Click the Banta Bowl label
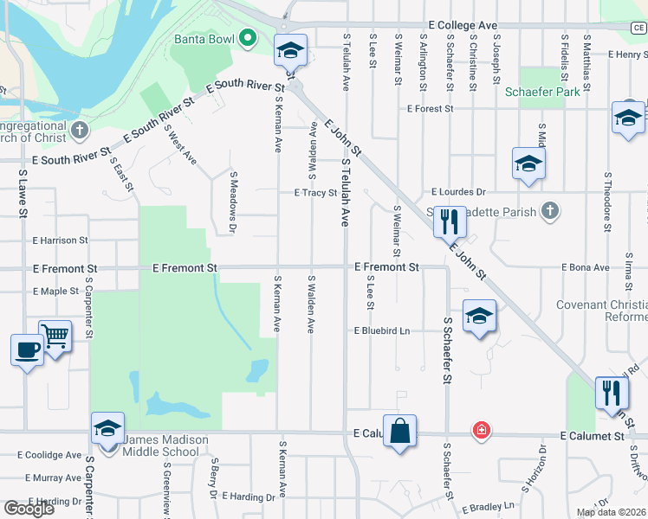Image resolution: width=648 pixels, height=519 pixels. click(x=204, y=39)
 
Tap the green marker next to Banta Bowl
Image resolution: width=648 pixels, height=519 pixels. click(x=247, y=38)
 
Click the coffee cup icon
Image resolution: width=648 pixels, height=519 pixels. click(x=27, y=349)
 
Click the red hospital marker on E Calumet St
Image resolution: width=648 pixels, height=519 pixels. click(x=479, y=430)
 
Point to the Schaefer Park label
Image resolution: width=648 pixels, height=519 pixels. click(x=542, y=91)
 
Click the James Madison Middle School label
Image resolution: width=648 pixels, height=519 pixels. click(x=165, y=445)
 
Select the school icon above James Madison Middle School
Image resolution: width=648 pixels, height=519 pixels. click(x=108, y=427)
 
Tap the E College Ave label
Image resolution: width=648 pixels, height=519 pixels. click(x=463, y=27)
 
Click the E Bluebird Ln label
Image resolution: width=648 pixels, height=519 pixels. click(x=381, y=331)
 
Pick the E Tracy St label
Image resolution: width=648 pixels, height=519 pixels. click(x=314, y=193)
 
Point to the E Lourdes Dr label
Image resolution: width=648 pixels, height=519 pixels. click(x=460, y=192)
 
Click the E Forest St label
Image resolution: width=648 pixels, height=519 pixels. click(x=431, y=109)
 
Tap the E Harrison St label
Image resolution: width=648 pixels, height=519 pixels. click(x=60, y=240)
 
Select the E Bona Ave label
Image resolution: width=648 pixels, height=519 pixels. click(x=586, y=268)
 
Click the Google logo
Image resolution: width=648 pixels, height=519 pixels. click(x=29, y=508)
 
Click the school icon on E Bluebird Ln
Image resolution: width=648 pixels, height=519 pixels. click(x=479, y=316)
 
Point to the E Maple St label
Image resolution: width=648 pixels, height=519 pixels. click(x=55, y=292)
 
